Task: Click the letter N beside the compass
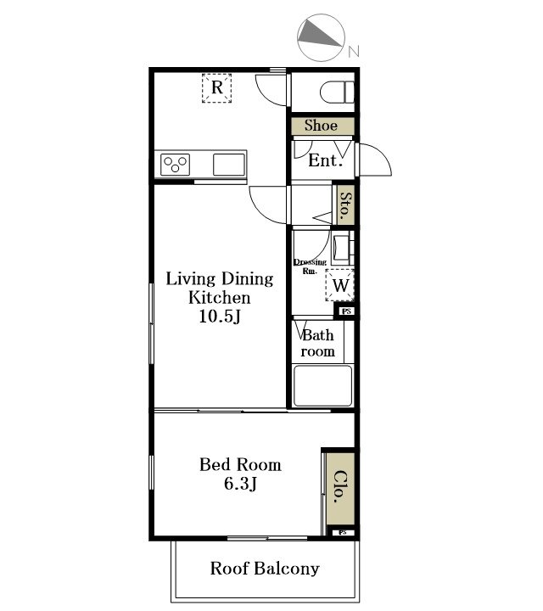pos(353,52)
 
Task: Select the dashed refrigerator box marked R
pos(217,88)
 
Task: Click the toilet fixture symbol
pos(337,92)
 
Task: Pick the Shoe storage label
pos(321,126)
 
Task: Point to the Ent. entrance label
pos(325,160)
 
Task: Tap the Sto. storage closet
pos(345,205)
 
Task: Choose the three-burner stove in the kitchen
pos(176,165)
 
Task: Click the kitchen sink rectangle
pos(229,165)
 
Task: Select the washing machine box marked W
pos(340,285)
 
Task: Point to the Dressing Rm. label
pos(310,266)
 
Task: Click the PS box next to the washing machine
pos(346,311)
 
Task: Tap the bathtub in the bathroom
pos(322,386)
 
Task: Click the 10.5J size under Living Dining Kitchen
pos(220,316)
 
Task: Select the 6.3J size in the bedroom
pos(240,484)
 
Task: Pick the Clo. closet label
pos(340,487)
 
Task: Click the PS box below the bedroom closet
pos(343,532)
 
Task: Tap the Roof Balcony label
pos(265,569)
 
